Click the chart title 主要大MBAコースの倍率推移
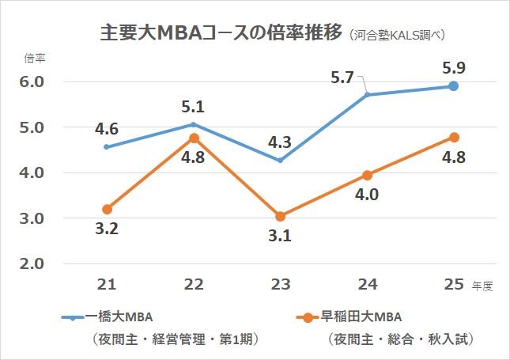tap(221, 34)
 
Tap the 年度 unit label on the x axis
tap(483, 286)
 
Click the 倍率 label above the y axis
tap(35, 58)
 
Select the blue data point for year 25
tap(453, 85)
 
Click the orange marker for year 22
tap(194, 138)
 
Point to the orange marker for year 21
tap(107, 209)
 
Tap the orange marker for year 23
tap(280, 216)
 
